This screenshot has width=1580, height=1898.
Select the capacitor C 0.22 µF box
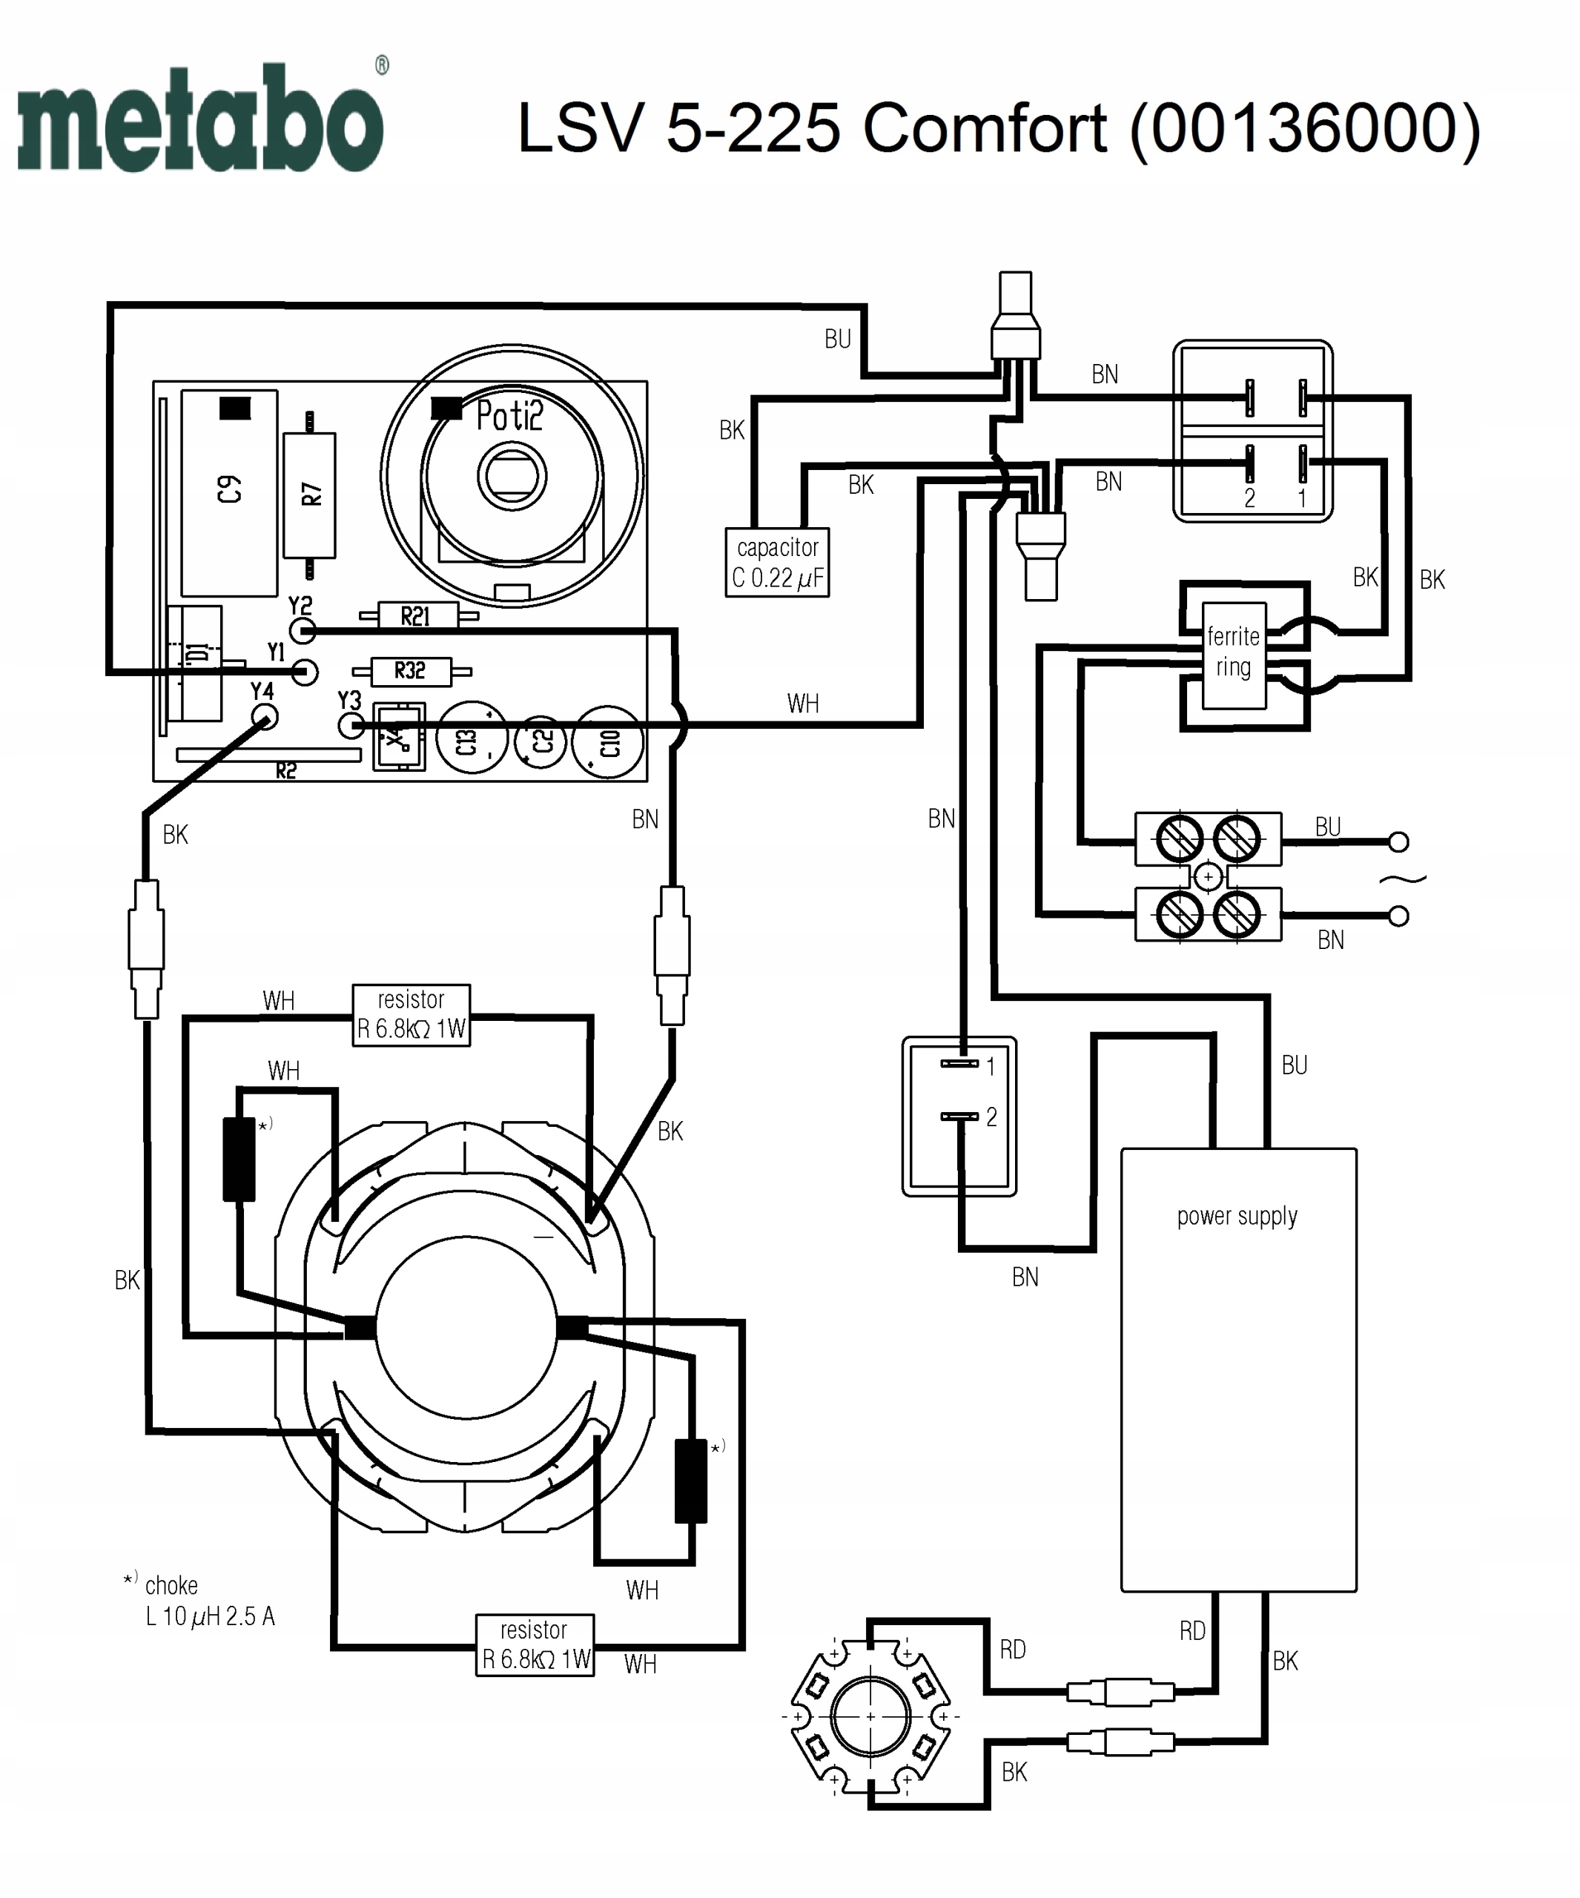pos(776,562)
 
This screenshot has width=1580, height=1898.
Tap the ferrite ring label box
pos(1233,653)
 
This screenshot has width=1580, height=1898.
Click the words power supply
pos(1237,1217)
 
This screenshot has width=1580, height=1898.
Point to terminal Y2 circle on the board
pos(302,630)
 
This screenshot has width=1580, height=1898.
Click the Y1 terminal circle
pos(305,672)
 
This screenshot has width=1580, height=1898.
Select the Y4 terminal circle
pos(265,718)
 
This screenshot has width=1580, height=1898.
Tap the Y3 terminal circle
pos(351,725)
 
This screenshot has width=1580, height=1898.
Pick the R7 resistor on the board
pos(309,495)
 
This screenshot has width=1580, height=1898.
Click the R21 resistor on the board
pos(416,616)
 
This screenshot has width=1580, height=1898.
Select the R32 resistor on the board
pos(410,672)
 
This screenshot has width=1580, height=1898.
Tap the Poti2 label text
pos(509,416)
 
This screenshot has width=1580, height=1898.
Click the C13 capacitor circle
pos(470,741)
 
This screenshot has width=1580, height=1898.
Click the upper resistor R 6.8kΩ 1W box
pos(411,1015)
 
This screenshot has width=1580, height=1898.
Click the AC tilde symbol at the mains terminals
pos(1402,879)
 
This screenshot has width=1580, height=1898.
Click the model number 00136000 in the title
pos(1305,128)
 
